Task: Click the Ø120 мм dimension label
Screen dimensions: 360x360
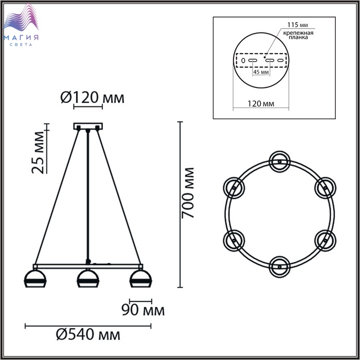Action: (92, 98)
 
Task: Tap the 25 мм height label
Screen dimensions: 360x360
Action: (38, 152)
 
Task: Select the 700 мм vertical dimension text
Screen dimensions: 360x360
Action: (188, 193)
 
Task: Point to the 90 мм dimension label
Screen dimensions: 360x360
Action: (143, 310)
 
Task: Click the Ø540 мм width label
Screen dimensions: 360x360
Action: (88, 335)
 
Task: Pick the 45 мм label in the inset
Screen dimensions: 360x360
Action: (261, 72)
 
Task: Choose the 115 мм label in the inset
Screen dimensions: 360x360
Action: (298, 25)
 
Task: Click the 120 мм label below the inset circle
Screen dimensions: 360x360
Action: (261, 103)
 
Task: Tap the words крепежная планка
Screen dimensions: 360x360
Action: (298, 35)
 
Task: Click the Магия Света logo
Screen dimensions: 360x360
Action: (21, 25)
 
